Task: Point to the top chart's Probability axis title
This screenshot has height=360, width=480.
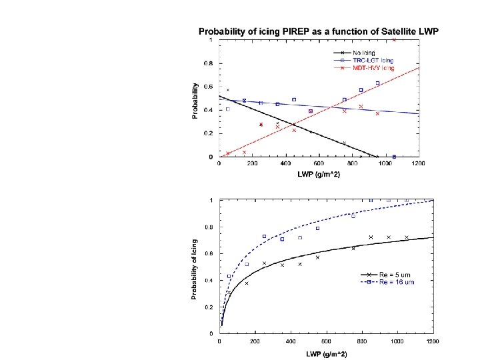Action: pyautogui.click(x=195, y=101)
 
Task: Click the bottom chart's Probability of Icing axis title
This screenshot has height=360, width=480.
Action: pyautogui.click(x=195, y=269)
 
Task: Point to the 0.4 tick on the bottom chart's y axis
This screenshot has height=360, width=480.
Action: pyautogui.click(x=211, y=280)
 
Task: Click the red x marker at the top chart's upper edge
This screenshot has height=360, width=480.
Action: pyautogui.click(x=394, y=40)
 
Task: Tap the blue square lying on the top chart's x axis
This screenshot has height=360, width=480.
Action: pyautogui.click(x=394, y=157)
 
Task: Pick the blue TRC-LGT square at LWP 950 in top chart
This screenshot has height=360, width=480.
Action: pyautogui.click(x=377, y=83)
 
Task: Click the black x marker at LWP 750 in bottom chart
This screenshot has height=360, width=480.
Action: pyautogui.click(x=353, y=248)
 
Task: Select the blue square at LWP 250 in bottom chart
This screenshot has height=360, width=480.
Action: pyautogui.click(x=265, y=237)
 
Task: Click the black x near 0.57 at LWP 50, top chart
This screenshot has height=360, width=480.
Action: pyautogui.click(x=228, y=90)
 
